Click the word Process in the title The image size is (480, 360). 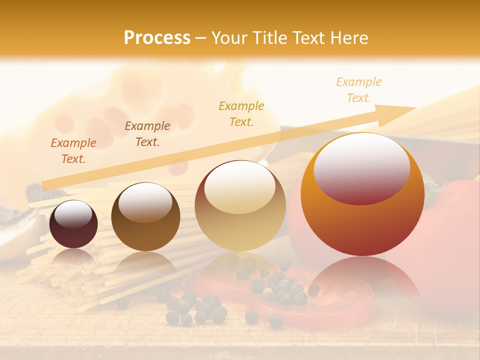click(157, 38)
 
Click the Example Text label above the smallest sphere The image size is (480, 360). click(73, 151)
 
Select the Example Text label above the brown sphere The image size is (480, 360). click(147, 134)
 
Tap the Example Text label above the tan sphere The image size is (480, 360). click(241, 114)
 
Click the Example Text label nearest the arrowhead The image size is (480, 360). click(359, 90)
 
